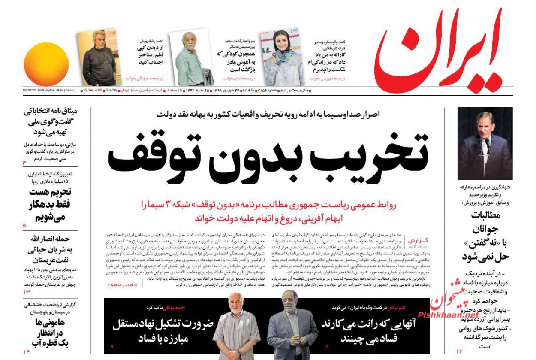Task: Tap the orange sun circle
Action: point(46,64)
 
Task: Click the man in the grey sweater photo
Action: point(99,58)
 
